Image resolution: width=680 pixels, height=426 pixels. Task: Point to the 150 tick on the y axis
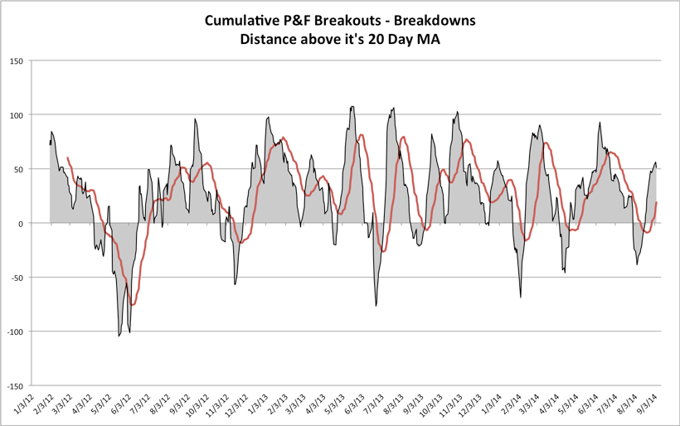(x=16, y=61)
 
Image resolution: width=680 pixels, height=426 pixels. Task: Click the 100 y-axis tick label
(x=16, y=114)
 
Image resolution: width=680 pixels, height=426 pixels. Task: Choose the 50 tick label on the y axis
(x=18, y=169)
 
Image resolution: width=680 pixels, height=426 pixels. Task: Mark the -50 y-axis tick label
(x=17, y=278)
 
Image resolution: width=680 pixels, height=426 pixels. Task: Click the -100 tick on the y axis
(x=14, y=332)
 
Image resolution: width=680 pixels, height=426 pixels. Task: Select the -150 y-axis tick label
(x=14, y=386)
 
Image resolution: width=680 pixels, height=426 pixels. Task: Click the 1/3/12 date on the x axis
(x=26, y=405)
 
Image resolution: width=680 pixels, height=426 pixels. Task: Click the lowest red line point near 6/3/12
(x=132, y=305)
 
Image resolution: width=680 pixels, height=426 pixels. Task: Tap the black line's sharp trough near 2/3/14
(x=521, y=297)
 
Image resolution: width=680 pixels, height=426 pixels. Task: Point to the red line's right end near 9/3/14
(x=657, y=202)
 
